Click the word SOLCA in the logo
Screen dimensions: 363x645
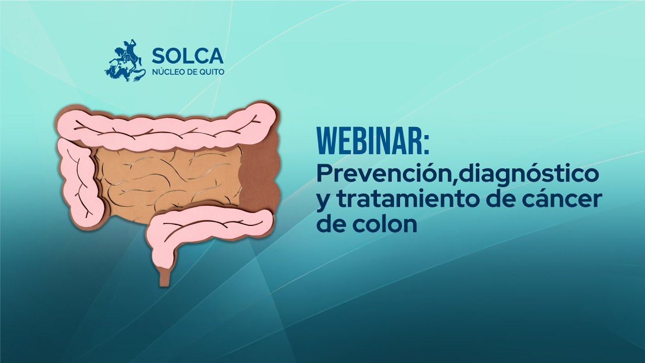[x=187, y=55]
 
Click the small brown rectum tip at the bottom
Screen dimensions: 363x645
[x=164, y=276]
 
